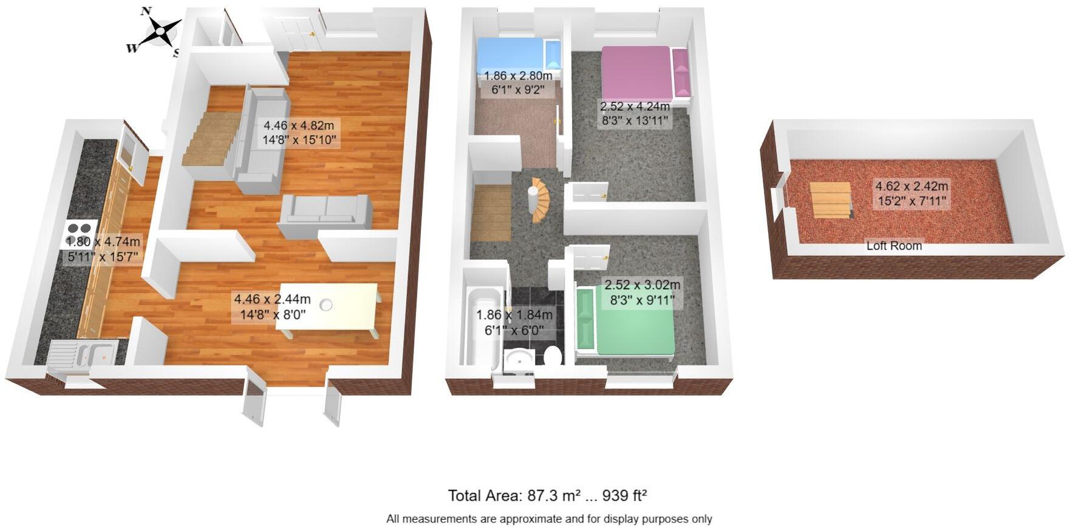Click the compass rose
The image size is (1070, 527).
(x=159, y=30)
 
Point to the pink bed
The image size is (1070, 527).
(x=636, y=72)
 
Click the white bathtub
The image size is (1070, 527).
(x=482, y=328)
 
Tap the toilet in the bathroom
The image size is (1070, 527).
(x=553, y=356)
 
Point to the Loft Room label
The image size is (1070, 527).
(x=894, y=246)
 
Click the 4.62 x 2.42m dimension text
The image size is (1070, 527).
(x=912, y=187)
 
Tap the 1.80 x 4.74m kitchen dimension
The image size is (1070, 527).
(x=103, y=242)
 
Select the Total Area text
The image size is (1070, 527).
(x=547, y=495)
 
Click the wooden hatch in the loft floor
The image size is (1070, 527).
(x=830, y=200)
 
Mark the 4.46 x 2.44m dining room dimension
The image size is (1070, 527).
(x=272, y=299)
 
